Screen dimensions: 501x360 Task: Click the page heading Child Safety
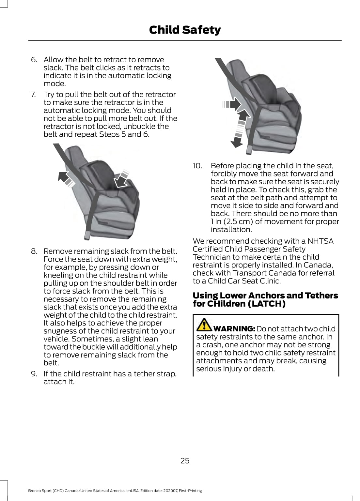pyautogui.click(x=185, y=30)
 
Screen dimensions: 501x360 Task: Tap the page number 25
pyautogui.click(x=185, y=461)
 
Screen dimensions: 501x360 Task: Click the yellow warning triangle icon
pyautogui.click(x=204, y=324)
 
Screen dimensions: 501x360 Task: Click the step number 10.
pyautogui.click(x=197, y=166)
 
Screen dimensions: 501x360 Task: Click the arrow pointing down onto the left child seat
pyautogui.click(x=121, y=179)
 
